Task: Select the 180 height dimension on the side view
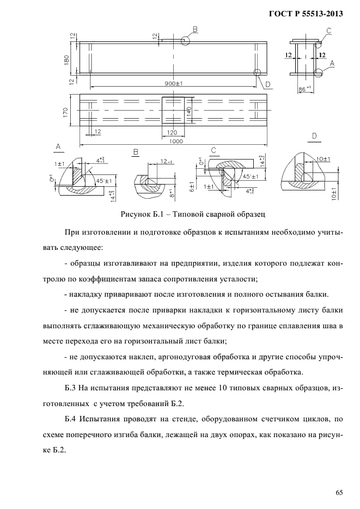pyautogui.click(x=66, y=59)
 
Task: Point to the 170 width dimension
pyautogui.click(x=66, y=113)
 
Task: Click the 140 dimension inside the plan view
pyautogui.click(x=189, y=113)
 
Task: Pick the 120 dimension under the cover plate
pyautogui.click(x=174, y=132)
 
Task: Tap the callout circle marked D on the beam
pyautogui.click(x=258, y=72)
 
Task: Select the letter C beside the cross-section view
pyautogui.click(x=330, y=30)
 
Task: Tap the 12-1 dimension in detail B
pyautogui.click(x=165, y=161)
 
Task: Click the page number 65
pyautogui.click(x=339, y=493)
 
